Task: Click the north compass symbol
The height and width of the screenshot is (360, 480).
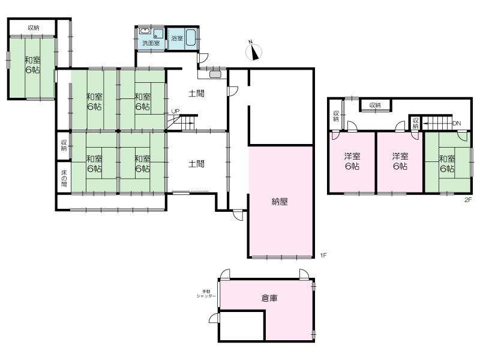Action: point(254,51)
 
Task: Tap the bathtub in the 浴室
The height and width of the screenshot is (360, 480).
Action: point(191,38)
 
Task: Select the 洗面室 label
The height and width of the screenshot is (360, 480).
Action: point(151,43)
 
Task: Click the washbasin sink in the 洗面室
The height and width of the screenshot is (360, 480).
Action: point(144,31)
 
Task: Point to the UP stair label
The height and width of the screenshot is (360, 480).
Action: point(175,112)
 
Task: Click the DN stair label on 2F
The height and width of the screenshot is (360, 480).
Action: point(457,124)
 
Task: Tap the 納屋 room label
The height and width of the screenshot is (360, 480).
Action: point(280,202)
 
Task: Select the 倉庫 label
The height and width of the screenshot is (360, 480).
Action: point(269,298)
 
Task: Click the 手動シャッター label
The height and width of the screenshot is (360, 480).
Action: point(206,294)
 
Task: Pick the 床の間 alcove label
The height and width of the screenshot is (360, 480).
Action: point(64,178)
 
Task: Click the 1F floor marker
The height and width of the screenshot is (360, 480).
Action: point(323,255)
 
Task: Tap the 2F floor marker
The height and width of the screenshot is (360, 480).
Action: point(468,200)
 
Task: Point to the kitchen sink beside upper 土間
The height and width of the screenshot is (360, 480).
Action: point(215,74)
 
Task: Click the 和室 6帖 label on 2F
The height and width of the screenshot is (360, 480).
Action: point(447,164)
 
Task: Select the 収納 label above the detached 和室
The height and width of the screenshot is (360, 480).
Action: point(34,28)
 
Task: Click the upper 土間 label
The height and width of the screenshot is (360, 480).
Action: point(196,94)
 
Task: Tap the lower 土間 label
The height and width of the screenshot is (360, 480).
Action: point(196,164)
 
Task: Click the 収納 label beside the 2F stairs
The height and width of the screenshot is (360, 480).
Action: point(415,124)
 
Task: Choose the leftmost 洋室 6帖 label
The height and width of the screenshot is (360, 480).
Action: point(352,161)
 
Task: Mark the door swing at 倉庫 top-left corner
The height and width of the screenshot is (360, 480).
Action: point(225,274)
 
